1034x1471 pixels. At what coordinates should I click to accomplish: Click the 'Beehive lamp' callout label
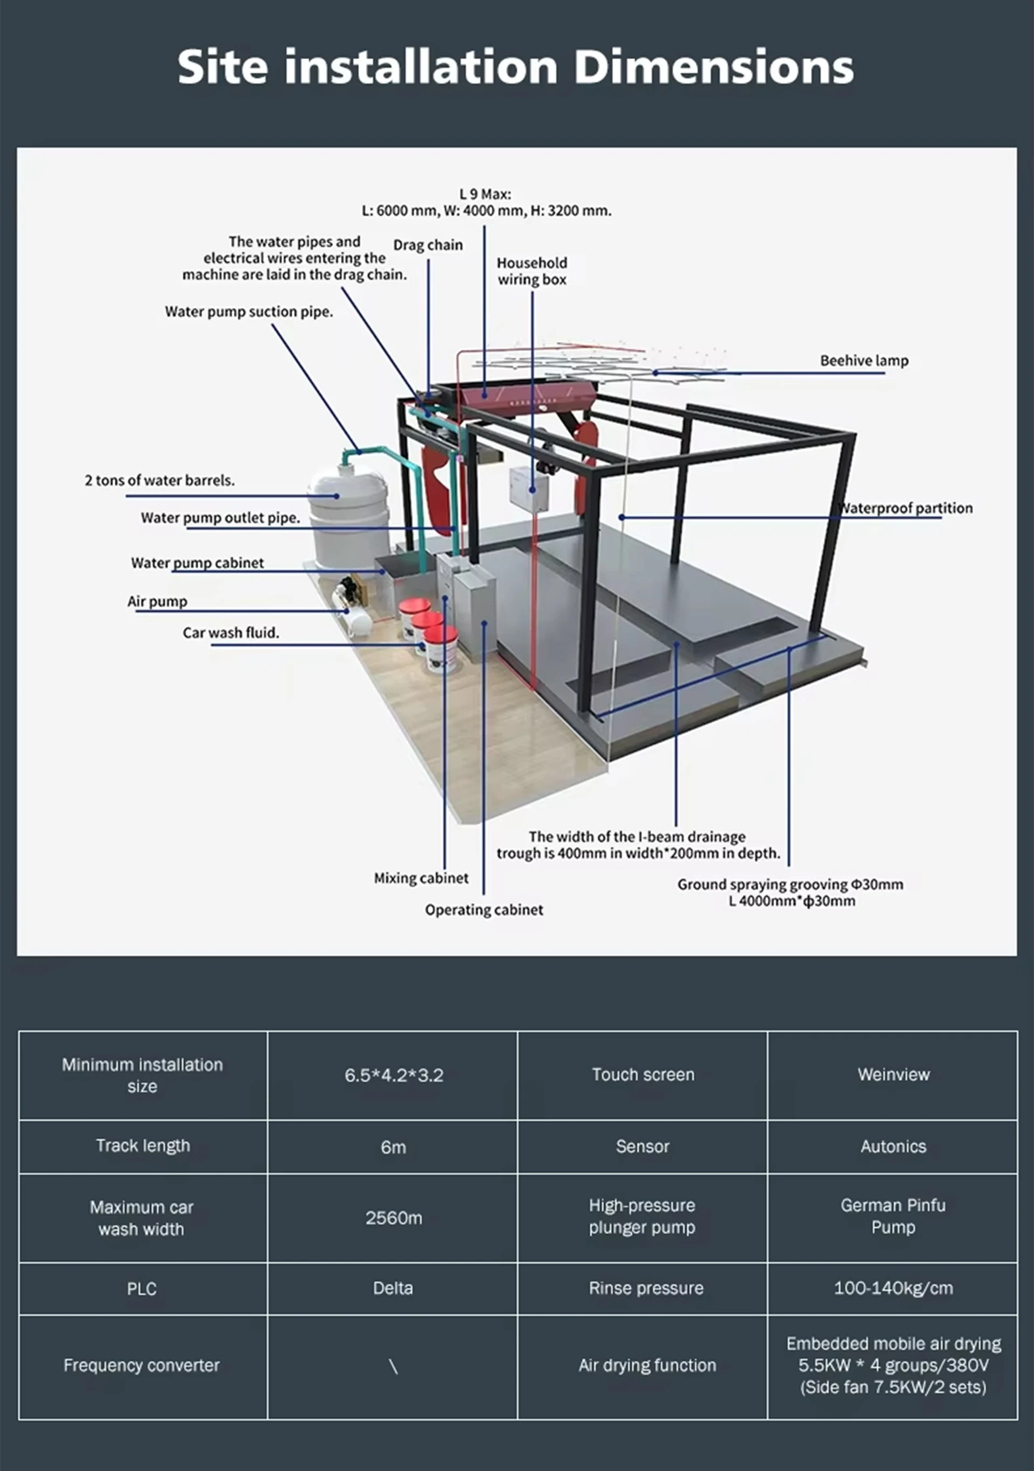tap(863, 361)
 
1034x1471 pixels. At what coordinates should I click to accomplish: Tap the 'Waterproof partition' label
tap(906, 508)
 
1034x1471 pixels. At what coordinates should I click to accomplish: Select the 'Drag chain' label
tap(428, 245)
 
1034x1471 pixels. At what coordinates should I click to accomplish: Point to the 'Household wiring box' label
tap(532, 271)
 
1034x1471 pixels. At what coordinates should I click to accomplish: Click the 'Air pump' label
tap(157, 602)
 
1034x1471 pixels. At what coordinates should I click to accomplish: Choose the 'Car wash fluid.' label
tap(231, 633)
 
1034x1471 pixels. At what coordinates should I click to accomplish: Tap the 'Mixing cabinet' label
tap(421, 878)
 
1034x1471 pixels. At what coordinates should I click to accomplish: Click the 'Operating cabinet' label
tap(484, 910)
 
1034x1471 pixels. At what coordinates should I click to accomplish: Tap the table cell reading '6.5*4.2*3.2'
tap(394, 1075)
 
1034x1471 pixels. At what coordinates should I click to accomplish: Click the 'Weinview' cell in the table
tap(893, 1074)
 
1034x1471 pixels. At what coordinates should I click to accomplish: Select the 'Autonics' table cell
tap(893, 1146)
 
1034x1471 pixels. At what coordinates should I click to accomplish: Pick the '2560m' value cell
tap(394, 1217)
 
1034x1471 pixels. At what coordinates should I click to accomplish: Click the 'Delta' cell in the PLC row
tap(393, 1288)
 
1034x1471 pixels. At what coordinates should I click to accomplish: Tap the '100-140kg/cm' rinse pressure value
tap(893, 1288)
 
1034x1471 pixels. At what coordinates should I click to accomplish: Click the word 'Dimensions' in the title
tap(713, 67)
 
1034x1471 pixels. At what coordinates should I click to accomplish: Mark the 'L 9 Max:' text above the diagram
tap(485, 193)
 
